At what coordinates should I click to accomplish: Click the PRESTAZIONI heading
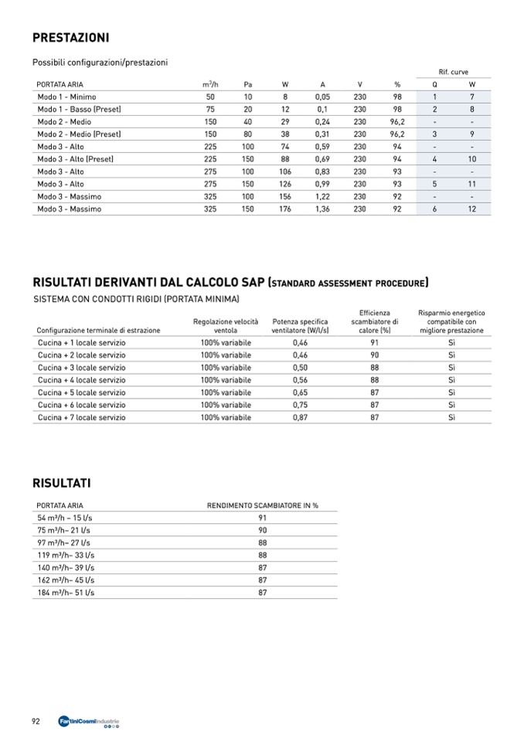(x=70, y=38)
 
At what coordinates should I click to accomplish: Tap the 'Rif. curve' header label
(x=453, y=72)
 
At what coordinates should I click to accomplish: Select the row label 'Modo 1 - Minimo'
(x=66, y=97)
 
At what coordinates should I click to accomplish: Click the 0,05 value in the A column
(x=322, y=97)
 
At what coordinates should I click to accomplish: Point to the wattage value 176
(x=285, y=209)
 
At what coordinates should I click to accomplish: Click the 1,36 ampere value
(x=322, y=209)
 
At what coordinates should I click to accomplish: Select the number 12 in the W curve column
(x=471, y=209)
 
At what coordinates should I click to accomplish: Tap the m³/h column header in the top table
(x=209, y=84)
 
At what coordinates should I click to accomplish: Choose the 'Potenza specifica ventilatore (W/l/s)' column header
(x=301, y=325)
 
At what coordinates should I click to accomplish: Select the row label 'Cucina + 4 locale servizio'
(x=81, y=380)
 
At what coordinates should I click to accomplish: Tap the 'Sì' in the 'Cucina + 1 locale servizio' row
(x=451, y=342)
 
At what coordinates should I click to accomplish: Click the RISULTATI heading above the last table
(x=62, y=483)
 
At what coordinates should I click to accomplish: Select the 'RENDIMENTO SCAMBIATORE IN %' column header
(x=263, y=505)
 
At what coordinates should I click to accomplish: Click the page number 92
(x=36, y=722)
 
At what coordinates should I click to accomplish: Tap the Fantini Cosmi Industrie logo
(x=89, y=722)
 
